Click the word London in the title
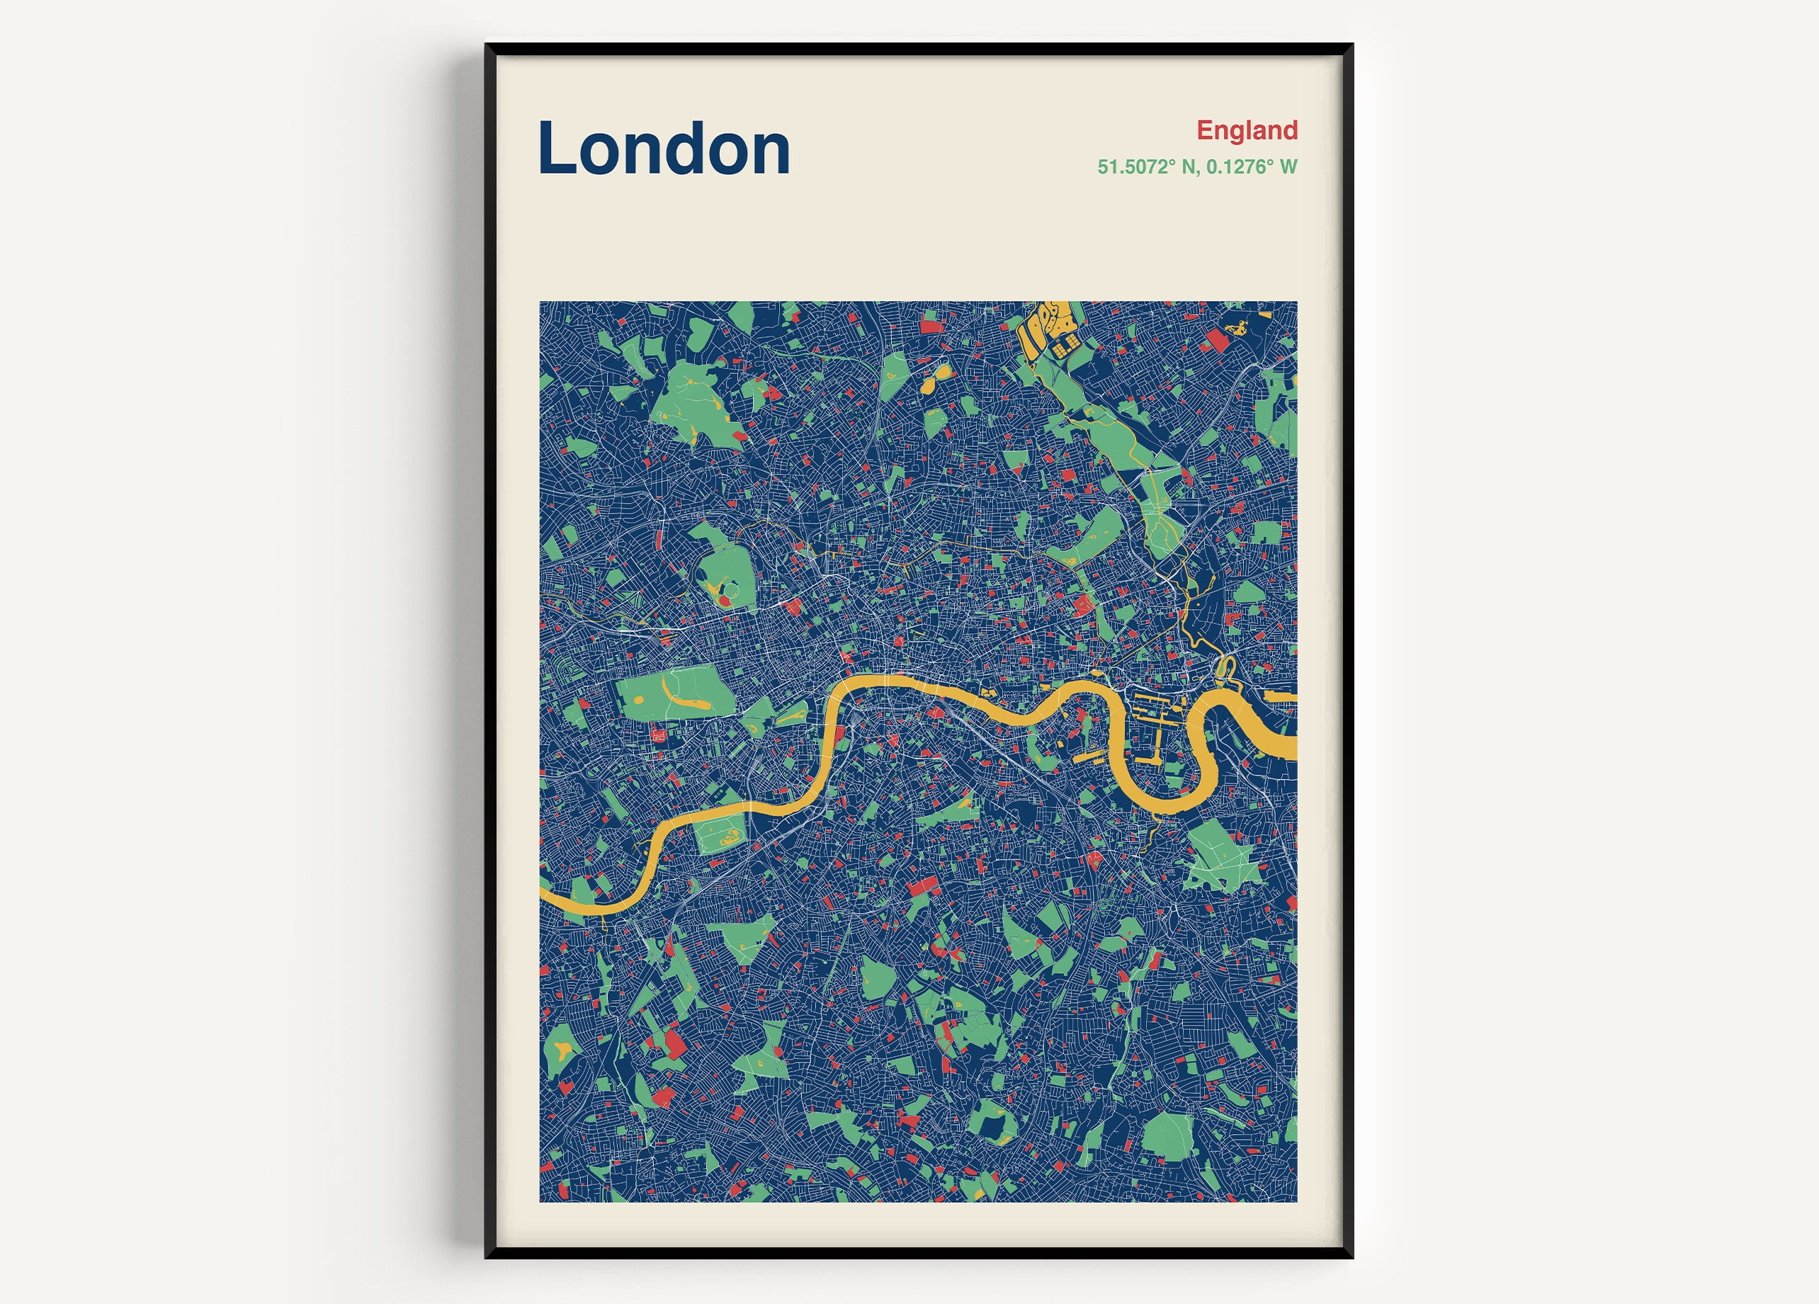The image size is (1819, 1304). point(664,149)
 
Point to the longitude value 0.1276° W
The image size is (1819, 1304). point(1252,167)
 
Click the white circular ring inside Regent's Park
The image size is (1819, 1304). point(719,591)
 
